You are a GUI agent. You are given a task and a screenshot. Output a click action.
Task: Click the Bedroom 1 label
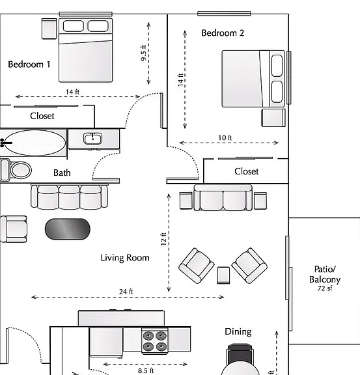click(29, 64)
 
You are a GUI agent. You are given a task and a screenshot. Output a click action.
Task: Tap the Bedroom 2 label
click(223, 33)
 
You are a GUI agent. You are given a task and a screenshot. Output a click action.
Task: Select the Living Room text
click(125, 258)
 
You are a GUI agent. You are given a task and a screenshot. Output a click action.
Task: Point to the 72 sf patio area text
click(325, 288)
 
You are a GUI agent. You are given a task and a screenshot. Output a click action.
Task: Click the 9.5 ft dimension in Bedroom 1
click(143, 53)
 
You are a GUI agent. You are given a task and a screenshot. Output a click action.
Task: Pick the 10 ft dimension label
click(225, 138)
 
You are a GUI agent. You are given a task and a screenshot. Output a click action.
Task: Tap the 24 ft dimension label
click(126, 292)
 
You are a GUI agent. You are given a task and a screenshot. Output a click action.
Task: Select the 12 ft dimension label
click(163, 239)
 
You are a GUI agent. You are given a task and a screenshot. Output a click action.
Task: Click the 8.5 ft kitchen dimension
click(146, 370)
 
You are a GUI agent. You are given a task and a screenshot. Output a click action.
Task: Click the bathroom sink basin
click(92, 139)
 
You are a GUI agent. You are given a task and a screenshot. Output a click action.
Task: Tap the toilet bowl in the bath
click(21, 171)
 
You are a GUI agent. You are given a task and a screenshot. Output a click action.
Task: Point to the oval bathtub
click(35, 143)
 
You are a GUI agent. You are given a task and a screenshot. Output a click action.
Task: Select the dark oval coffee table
click(68, 229)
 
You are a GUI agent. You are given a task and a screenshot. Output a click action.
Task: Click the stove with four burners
click(155, 340)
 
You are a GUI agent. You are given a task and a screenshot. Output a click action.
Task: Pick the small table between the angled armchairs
click(223, 275)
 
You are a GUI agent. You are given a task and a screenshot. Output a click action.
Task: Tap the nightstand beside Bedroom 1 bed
click(49, 29)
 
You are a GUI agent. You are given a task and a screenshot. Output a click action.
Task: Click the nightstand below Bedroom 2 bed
click(273, 118)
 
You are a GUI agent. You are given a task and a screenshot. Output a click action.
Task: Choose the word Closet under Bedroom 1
click(42, 116)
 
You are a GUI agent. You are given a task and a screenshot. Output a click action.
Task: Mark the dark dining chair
click(240, 354)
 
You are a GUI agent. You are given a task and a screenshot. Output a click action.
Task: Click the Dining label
click(238, 332)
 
